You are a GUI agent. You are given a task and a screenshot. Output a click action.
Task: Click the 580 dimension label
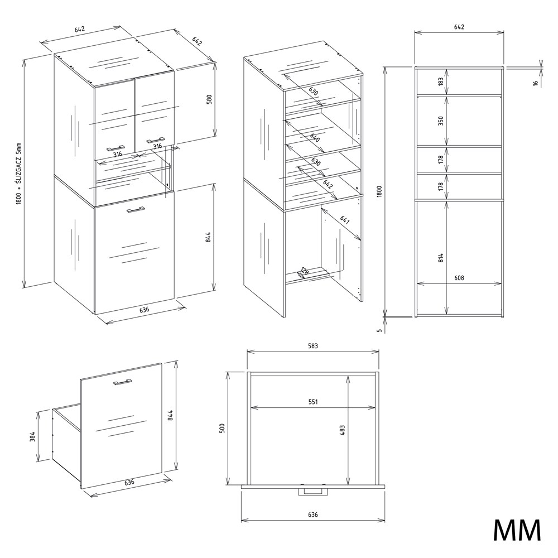(x=209, y=99)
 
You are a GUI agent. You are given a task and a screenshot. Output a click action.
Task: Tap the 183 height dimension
(x=441, y=81)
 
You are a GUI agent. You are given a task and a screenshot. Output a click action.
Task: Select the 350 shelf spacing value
(x=441, y=121)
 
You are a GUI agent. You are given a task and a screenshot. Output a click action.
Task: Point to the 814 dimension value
(x=441, y=258)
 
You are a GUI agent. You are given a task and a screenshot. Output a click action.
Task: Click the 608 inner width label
(x=459, y=278)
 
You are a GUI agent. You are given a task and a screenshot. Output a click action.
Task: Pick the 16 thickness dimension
(x=535, y=83)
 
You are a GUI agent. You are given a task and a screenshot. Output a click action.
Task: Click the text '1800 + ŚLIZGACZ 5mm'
(x=19, y=174)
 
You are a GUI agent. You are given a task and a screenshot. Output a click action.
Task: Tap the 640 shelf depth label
(x=315, y=137)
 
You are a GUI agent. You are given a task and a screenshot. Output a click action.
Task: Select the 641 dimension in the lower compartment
(x=344, y=220)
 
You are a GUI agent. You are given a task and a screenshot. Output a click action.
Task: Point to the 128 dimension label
(x=305, y=272)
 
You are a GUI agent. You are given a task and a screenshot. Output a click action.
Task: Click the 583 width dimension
(x=313, y=345)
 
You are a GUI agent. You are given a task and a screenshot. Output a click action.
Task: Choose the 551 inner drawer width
(x=313, y=402)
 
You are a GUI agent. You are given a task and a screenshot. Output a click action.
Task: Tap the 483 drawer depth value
(x=343, y=430)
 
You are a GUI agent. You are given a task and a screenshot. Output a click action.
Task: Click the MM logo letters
(x=517, y=531)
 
